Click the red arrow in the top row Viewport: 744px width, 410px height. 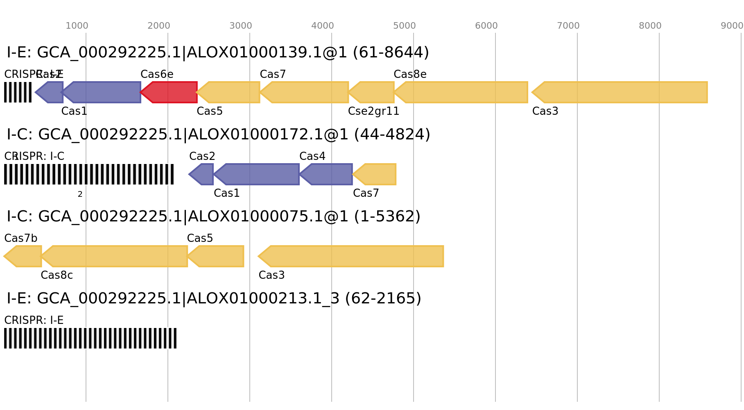tap(170, 92)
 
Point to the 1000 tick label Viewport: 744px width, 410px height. tap(77, 26)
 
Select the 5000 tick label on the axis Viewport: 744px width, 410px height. tap(405, 26)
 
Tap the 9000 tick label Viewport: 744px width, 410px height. tap(732, 26)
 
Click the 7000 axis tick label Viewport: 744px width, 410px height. tap(568, 26)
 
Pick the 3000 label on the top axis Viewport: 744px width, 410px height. tap(241, 26)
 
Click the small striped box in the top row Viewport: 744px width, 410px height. tap(18, 92)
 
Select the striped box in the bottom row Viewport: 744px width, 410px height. tap(90, 338)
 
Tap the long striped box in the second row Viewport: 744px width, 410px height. tap(89, 174)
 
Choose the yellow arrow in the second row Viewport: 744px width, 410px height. tap(375, 174)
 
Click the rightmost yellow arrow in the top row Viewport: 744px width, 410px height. tap(620, 92)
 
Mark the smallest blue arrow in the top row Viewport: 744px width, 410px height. tap(50, 92)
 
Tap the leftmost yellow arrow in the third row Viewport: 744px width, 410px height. tap(23, 256)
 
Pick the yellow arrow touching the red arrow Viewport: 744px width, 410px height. tap(229, 92)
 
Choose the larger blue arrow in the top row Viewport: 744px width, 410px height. tap(103, 92)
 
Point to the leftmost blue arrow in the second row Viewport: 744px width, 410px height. tap(202, 174)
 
